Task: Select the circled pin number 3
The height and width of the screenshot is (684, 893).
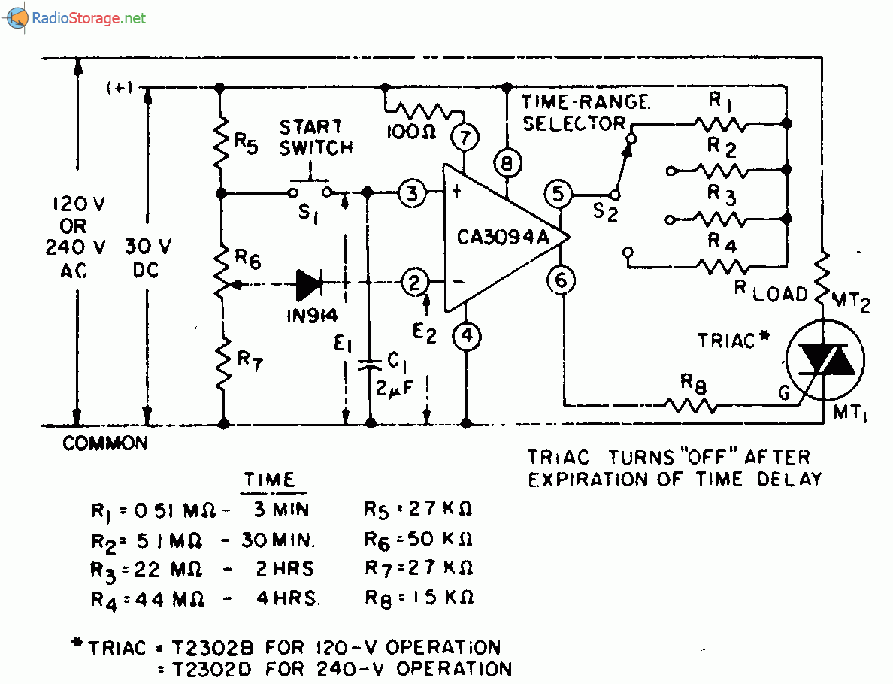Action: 412,193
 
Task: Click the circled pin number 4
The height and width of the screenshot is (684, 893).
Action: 467,335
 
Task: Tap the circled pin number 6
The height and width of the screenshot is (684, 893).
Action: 562,281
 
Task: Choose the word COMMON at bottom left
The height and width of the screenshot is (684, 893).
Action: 105,444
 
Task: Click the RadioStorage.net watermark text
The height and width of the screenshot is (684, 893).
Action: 89,18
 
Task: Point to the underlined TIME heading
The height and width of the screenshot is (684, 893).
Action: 268,480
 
